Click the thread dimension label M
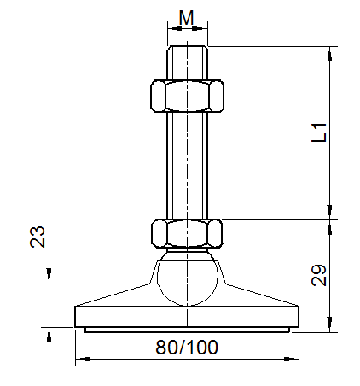(x=187, y=17)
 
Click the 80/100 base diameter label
(x=187, y=347)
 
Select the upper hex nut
(x=187, y=96)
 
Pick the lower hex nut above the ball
(x=187, y=232)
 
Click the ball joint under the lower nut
(x=187, y=278)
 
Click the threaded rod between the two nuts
(x=187, y=162)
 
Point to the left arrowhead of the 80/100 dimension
(x=80, y=360)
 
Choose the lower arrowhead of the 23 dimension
(x=49, y=334)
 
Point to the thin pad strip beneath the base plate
(x=187, y=329)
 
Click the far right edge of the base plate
(x=298, y=317)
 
